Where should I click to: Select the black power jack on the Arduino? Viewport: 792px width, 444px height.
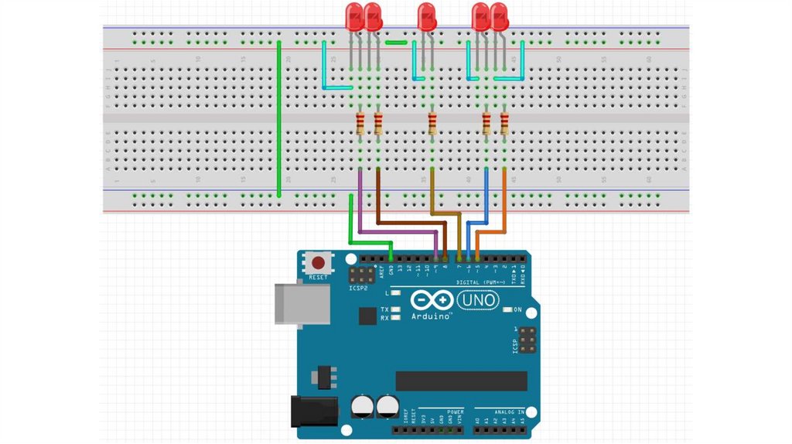[x=313, y=411]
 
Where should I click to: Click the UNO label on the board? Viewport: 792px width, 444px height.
[x=479, y=299]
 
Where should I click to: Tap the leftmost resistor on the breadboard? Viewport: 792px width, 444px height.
[x=360, y=123]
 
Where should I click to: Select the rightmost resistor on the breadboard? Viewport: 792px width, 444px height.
[x=504, y=123]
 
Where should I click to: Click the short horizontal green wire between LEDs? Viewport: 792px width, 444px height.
[x=396, y=43]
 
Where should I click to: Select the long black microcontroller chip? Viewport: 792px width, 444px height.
[x=461, y=381]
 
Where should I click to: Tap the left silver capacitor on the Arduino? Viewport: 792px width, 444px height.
[x=360, y=406]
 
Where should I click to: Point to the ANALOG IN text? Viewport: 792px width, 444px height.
[x=500, y=412]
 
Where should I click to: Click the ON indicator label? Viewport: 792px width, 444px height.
[x=519, y=309]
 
